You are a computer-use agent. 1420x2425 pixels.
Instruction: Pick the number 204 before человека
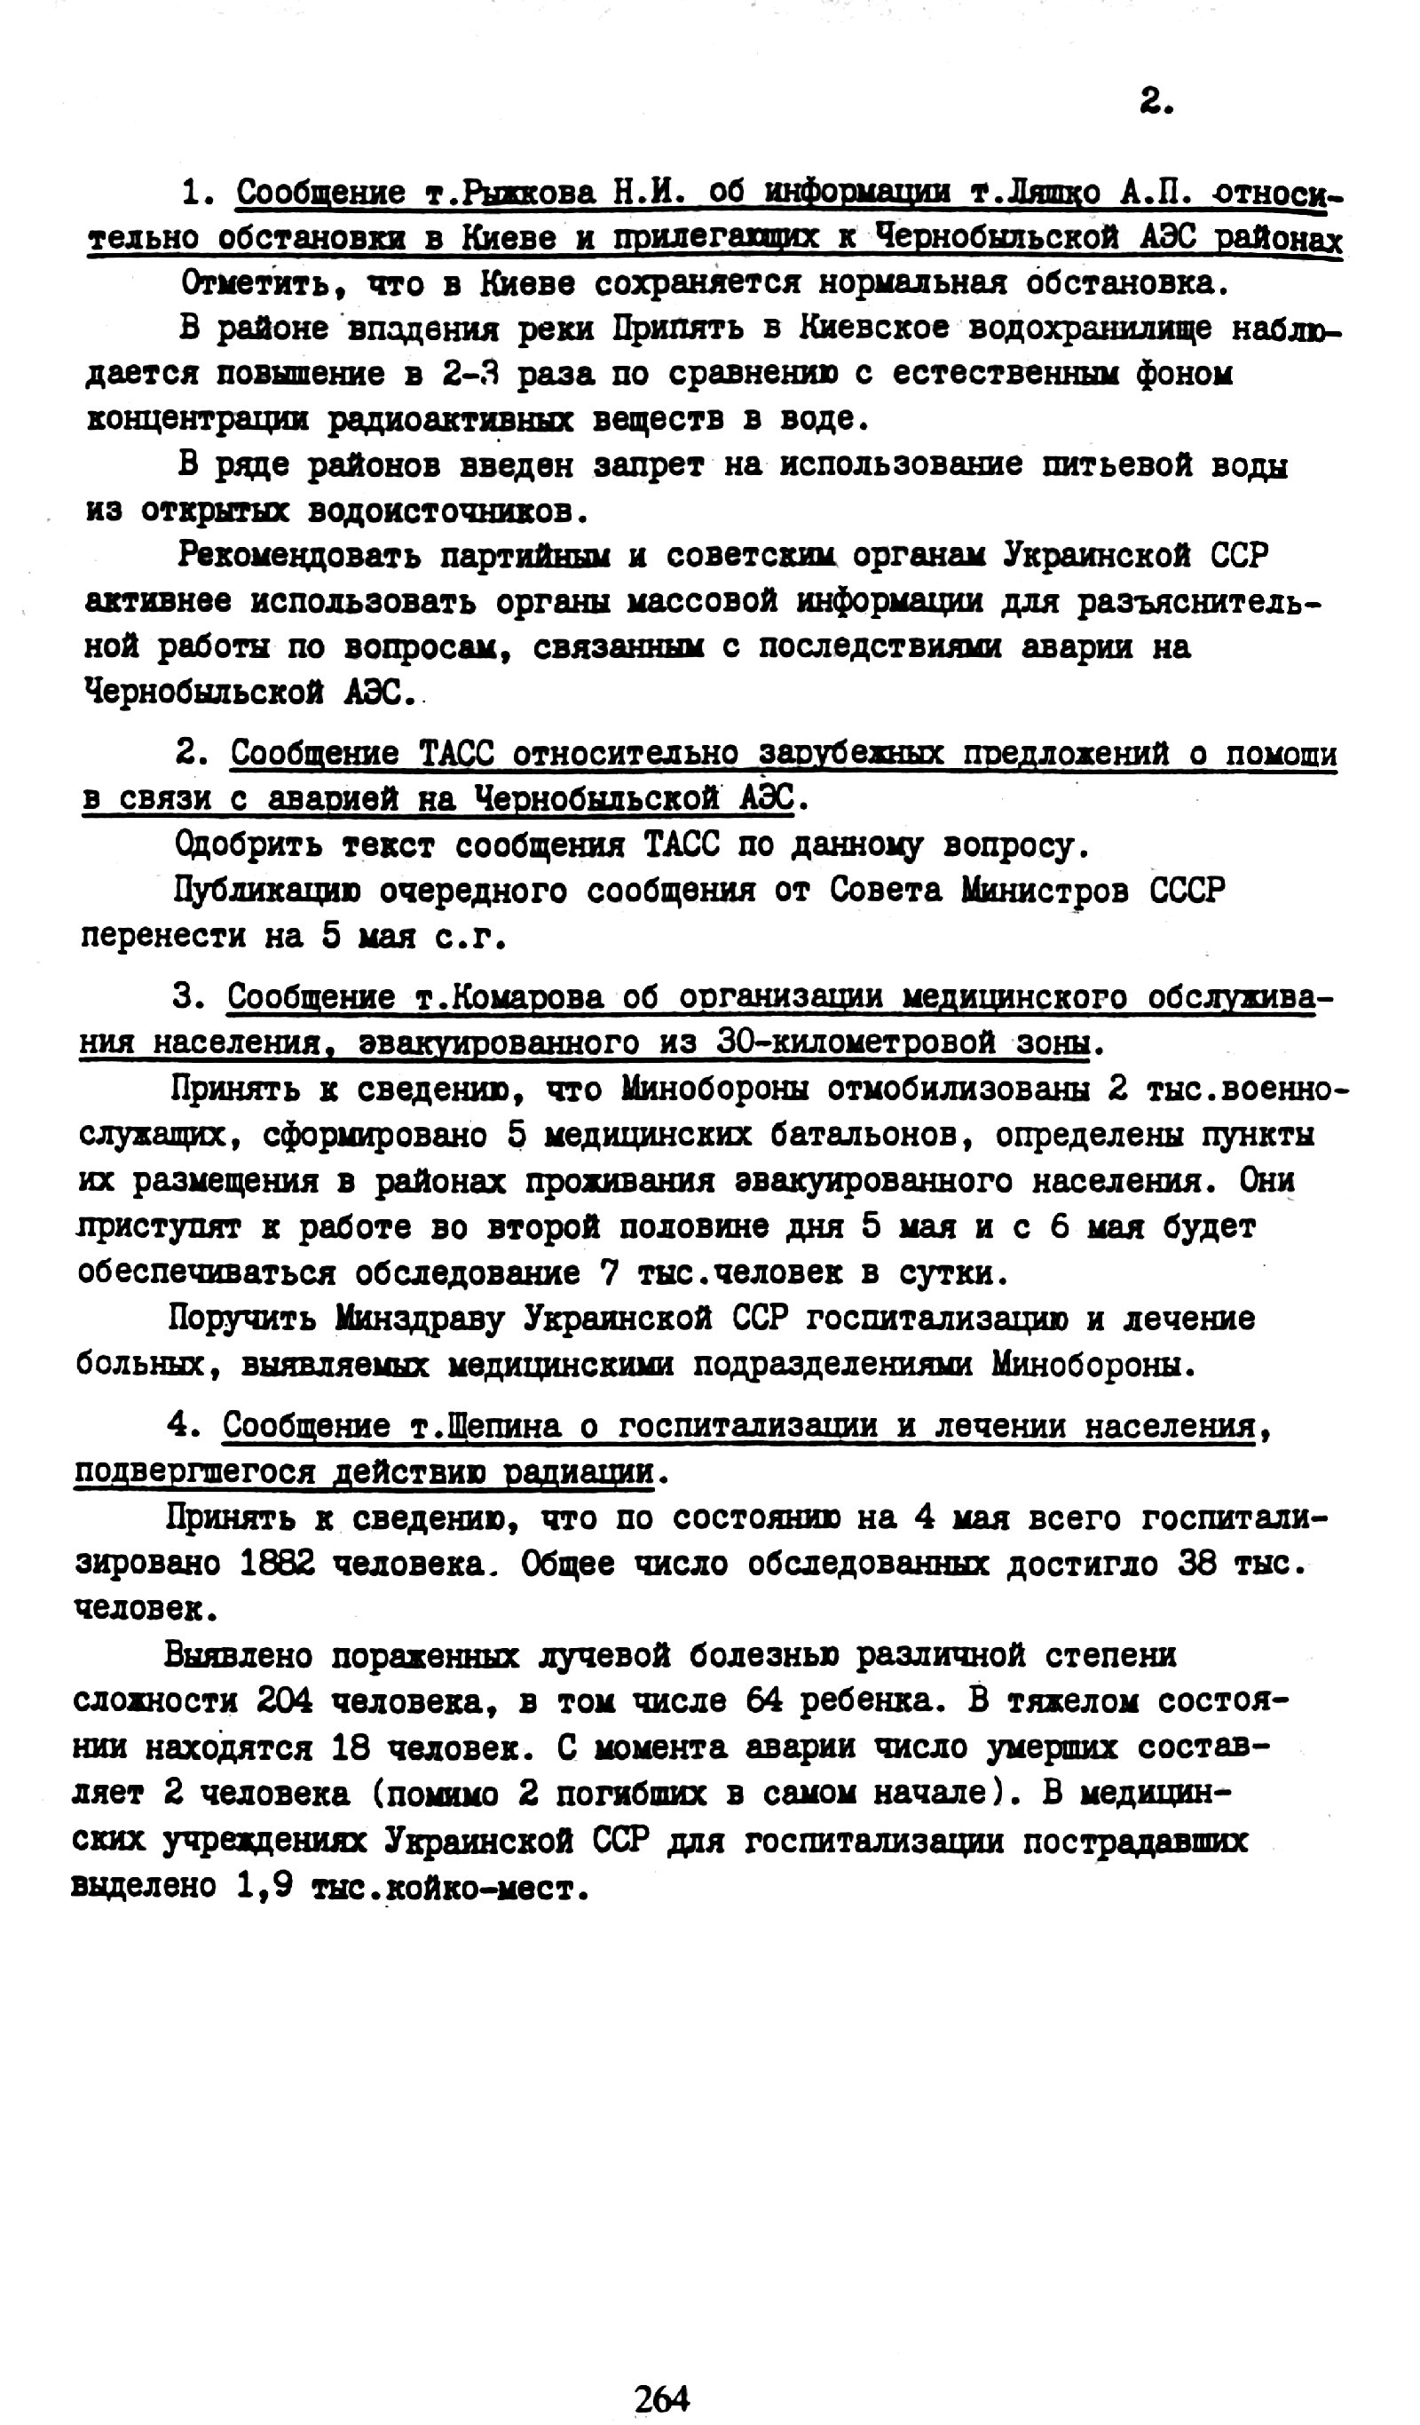pyautogui.click(x=286, y=1700)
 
